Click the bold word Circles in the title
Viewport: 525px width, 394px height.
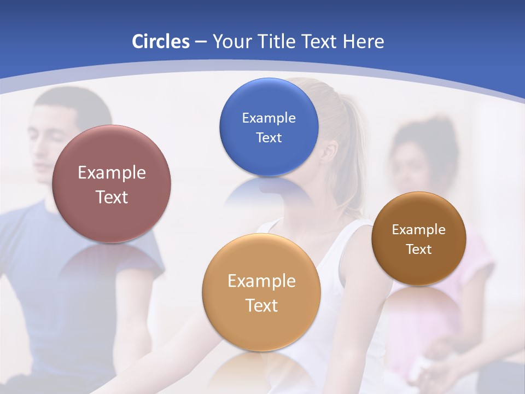click(x=161, y=42)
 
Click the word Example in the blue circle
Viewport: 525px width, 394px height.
click(x=269, y=118)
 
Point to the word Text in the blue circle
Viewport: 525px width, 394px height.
click(x=269, y=138)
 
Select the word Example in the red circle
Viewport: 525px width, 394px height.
click(x=112, y=173)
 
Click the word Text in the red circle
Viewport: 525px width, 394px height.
click(x=112, y=197)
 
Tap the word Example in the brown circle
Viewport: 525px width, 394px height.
click(x=419, y=230)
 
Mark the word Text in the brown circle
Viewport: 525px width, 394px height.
click(x=419, y=250)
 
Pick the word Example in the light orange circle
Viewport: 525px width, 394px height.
click(x=261, y=281)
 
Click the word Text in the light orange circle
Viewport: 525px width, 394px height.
click(x=261, y=305)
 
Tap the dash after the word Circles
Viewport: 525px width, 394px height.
click(x=200, y=42)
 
